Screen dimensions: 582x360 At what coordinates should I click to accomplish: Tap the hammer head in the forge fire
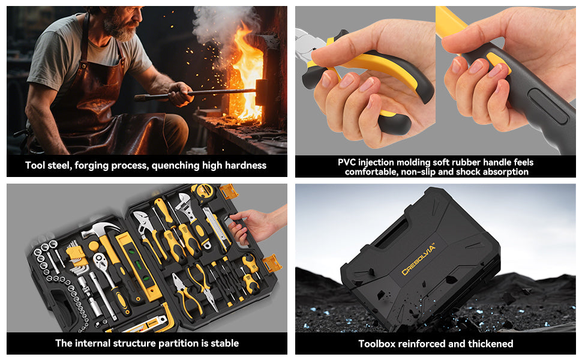[262, 92]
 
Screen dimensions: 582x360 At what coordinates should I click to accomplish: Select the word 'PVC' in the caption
[347, 162]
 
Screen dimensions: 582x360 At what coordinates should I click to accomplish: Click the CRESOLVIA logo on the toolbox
[418, 259]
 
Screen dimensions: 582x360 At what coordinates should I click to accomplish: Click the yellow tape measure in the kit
[204, 191]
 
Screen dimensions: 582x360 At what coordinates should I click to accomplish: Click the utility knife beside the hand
[216, 228]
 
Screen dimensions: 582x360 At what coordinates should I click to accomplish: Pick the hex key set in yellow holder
[76, 256]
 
